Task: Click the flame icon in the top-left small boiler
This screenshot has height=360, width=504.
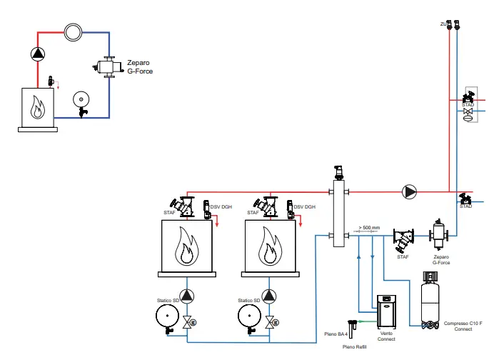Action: click(38, 109)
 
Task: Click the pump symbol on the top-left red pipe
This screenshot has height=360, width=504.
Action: click(38, 53)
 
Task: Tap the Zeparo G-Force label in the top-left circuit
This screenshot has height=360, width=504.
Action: click(140, 66)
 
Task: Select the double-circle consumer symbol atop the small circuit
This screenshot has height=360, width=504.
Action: click(73, 32)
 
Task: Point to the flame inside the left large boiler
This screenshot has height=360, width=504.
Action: click(187, 246)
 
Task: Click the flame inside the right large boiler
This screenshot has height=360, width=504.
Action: click(270, 246)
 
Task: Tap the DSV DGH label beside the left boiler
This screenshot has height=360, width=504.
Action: click(222, 207)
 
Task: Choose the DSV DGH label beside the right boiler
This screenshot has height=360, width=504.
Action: click(305, 207)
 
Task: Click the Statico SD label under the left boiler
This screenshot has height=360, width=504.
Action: click(169, 301)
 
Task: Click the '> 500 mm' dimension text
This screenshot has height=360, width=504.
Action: click(369, 227)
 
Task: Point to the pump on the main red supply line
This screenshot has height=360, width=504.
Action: click(410, 191)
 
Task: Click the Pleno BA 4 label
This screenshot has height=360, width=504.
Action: click(336, 334)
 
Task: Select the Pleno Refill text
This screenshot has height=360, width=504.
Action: click(355, 346)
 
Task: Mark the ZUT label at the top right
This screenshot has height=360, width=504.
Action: click(443, 24)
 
